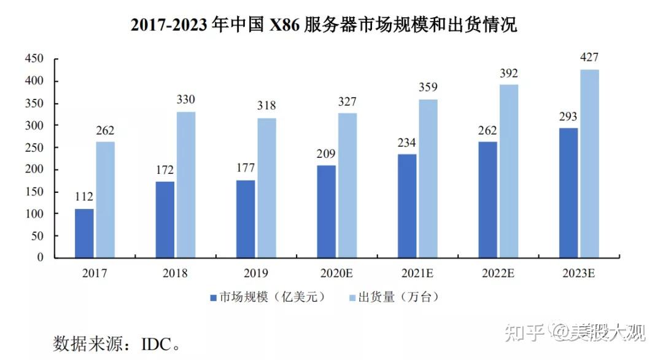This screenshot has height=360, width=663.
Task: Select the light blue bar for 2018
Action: click(x=186, y=184)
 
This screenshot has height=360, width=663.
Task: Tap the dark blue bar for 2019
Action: click(x=246, y=219)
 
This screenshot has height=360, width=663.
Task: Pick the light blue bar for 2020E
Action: click(x=347, y=185)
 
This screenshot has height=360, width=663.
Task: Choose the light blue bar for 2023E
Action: click(x=589, y=163)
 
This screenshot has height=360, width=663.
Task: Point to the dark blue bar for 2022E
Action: click(x=488, y=200)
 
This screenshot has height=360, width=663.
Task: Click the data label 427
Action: click(x=589, y=58)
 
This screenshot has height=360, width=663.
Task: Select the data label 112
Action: click(x=84, y=197)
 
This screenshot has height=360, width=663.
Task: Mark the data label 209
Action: click(x=327, y=154)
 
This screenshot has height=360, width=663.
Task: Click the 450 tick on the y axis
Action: click(x=35, y=59)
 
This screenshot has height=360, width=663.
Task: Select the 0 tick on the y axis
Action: click(x=41, y=258)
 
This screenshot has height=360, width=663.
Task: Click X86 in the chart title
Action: click(x=285, y=25)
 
